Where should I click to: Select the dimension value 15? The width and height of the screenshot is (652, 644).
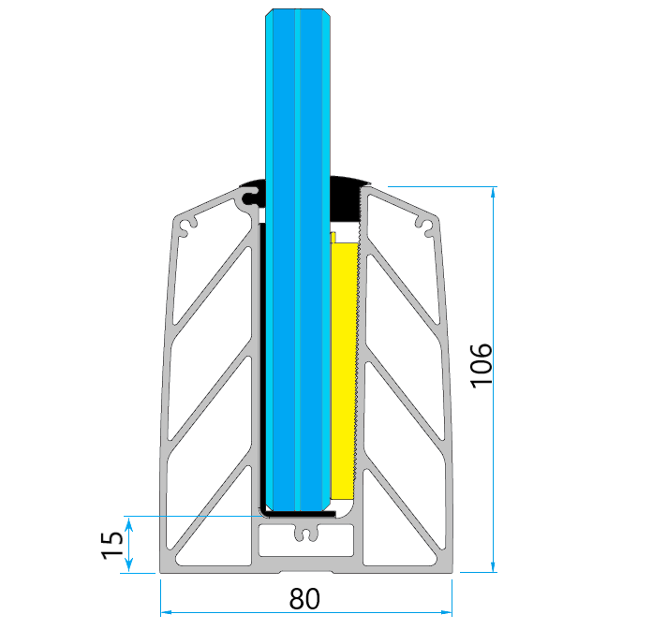pos(111,545)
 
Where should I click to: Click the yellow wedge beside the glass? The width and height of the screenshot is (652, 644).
pos(344,365)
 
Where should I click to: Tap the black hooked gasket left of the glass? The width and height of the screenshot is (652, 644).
pos(252,194)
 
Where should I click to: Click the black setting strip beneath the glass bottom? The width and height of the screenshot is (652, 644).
pos(298,513)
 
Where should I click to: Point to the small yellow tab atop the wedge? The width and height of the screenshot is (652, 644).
pos(333,235)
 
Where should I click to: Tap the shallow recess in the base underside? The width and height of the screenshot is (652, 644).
pos(304,569)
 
